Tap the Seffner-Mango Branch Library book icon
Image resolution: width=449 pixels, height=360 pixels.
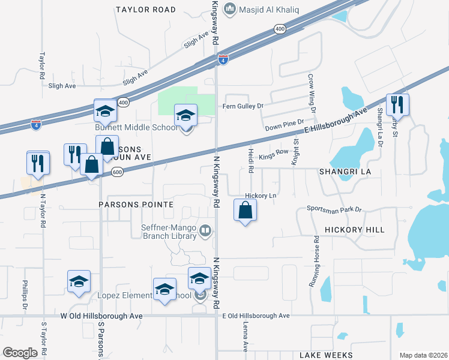click(206, 230)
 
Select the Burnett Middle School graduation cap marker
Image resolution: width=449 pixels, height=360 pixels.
click(185, 115)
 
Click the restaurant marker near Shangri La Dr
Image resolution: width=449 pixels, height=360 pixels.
click(397, 104)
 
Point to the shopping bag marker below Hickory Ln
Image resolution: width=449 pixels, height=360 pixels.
click(245, 210)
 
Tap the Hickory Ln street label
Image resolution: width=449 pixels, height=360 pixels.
click(261, 196)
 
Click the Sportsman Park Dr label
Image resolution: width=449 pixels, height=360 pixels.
click(334, 209)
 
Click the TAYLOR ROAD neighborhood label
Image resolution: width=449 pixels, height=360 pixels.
click(146, 10)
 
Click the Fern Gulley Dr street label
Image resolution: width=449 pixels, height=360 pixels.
click(243, 106)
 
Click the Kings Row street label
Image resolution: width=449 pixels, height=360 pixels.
click(274, 157)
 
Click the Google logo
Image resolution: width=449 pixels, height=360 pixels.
click(20, 353)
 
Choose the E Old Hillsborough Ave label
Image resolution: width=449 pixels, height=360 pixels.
click(256, 316)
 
